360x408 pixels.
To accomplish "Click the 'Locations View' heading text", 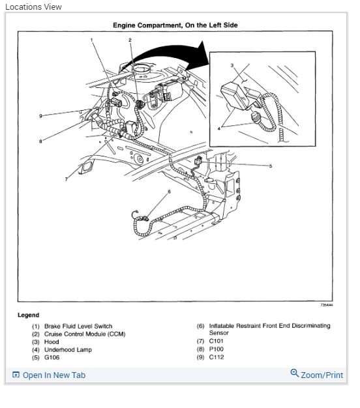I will (x=33, y=7).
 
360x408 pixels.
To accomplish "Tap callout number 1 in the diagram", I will (x=92, y=40).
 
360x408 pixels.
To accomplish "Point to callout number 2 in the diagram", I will (x=130, y=40).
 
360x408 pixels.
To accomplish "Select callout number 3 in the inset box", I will (x=232, y=65).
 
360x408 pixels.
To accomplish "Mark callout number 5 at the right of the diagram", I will (x=270, y=166).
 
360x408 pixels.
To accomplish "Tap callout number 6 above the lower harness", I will (x=169, y=192).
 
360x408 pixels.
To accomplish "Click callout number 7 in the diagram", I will (x=66, y=179).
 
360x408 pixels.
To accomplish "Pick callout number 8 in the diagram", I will (x=40, y=141).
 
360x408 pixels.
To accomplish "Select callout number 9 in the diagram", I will (x=40, y=116).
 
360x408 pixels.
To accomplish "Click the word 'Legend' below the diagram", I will (x=28, y=315).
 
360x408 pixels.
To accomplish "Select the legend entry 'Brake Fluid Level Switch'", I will (x=78, y=326).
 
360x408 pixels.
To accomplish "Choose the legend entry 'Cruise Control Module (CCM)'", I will (x=84, y=334).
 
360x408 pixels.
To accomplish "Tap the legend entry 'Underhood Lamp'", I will (x=68, y=349).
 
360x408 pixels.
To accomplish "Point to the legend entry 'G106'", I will (x=52, y=357).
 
